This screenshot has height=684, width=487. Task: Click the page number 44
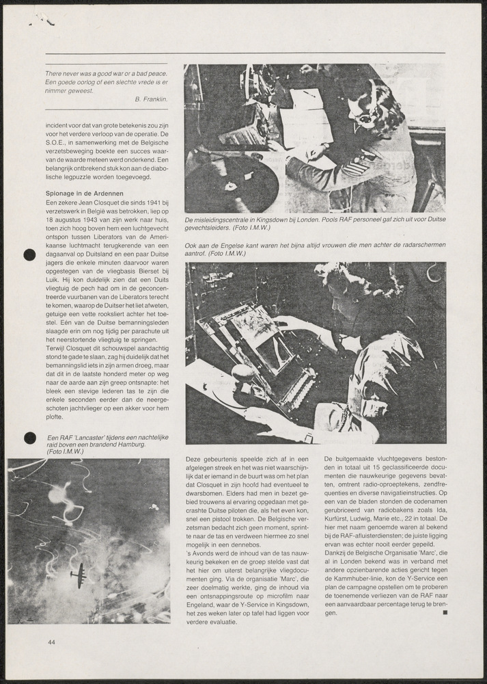pyautogui.click(x=52, y=642)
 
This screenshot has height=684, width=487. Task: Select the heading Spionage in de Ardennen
pyautogui.click(x=85, y=194)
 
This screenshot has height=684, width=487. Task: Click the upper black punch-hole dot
pyautogui.click(x=29, y=255)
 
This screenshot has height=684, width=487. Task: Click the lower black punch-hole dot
pyautogui.click(x=29, y=438)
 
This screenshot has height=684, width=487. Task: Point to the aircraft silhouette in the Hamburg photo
pyautogui.click(x=79, y=575)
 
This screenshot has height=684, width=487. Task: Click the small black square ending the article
pyautogui.click(x=445, y=613)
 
